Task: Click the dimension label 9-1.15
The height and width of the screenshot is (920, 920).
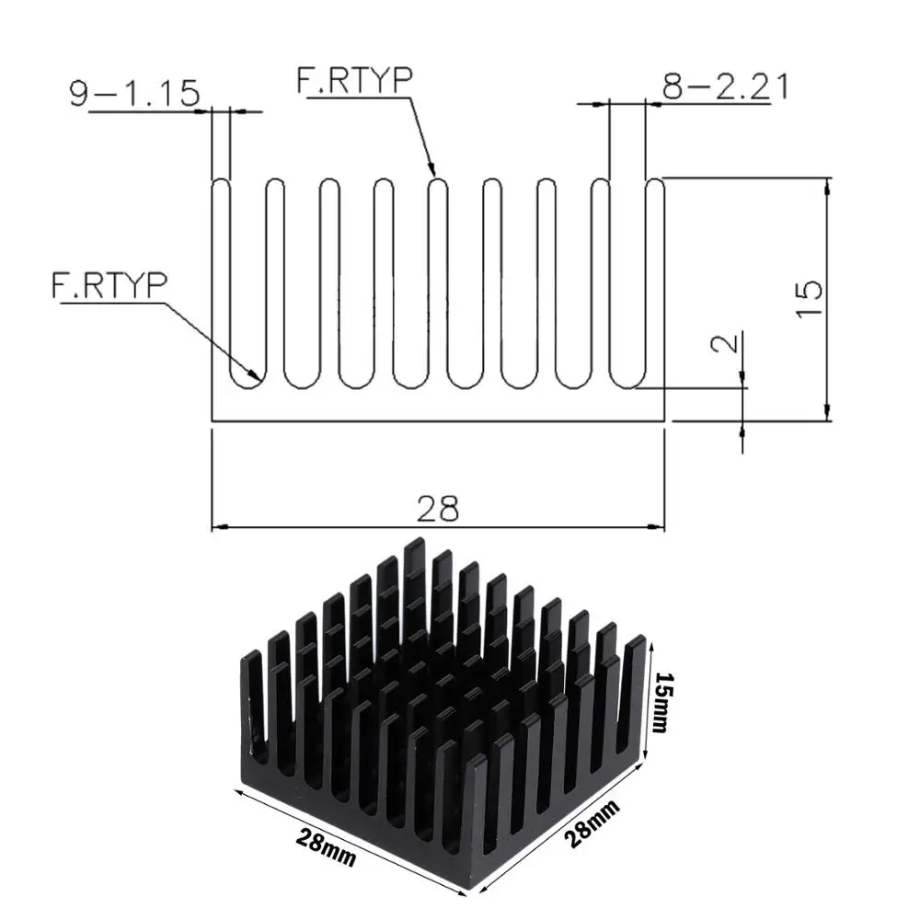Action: click(x=134, y=94)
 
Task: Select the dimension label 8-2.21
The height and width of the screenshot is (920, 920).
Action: click(x=726, y=86)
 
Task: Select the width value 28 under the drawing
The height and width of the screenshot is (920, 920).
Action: click(x=437, y=509)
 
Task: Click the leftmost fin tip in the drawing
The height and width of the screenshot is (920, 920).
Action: click(x=221, y=183)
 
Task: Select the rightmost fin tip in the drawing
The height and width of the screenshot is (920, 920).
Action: click(x=655, y=183)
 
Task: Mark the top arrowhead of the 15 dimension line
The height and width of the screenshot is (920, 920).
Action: click(x=828, y=184)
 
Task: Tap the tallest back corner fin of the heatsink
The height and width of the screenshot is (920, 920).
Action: click(x=414, y=545)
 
